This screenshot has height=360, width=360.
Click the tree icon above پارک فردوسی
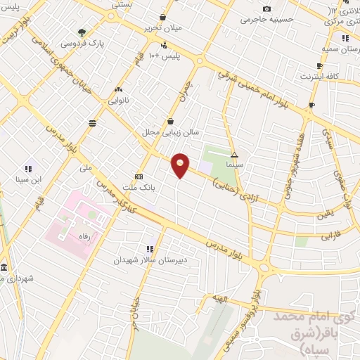pos(82,32)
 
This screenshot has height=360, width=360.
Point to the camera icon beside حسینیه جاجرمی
pos(266,8)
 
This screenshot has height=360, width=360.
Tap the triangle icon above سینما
pos(235,154)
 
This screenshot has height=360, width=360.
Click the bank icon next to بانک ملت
pos(139,176)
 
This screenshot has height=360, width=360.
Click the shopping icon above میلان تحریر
pos(162,17)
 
